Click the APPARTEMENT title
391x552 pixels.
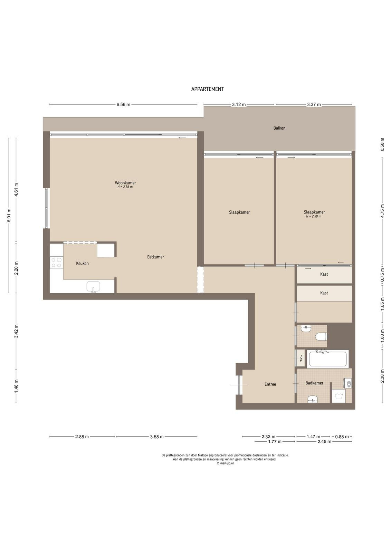208,89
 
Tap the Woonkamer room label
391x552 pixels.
125,183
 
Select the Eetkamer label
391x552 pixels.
155,257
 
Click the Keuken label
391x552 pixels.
83,263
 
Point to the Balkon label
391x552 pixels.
279,128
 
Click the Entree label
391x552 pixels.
270,384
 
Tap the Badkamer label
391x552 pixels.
314,383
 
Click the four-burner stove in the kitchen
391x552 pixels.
57,263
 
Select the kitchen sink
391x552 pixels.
93,287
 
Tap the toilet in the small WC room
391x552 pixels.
322,336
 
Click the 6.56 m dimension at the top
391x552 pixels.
123,105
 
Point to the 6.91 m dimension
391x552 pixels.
9,215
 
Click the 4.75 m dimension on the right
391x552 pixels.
382,209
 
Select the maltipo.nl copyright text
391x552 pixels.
225,463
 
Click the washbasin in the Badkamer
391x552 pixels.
313,399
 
